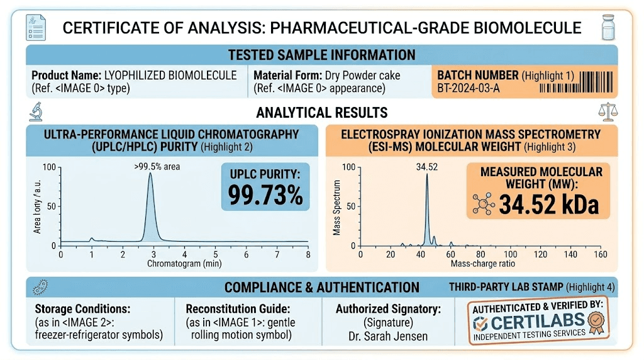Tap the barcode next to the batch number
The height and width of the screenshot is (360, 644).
(596, 81)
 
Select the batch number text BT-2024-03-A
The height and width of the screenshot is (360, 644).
(469, 87)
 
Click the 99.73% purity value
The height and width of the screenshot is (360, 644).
(265, 196)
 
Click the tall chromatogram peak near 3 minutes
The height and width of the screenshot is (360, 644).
(150, 208)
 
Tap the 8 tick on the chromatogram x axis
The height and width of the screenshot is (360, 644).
(308, 254)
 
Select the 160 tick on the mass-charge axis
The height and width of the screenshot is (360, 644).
(600, 254)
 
